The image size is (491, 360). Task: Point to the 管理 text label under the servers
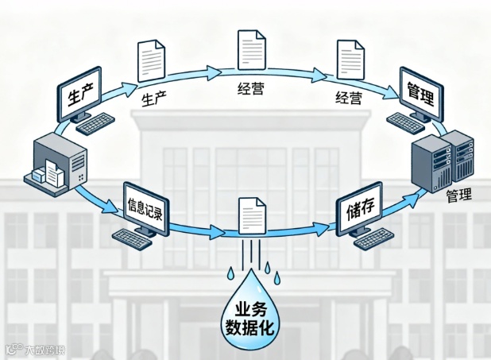[458, 195]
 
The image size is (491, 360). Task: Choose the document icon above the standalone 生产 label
[153, 60]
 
